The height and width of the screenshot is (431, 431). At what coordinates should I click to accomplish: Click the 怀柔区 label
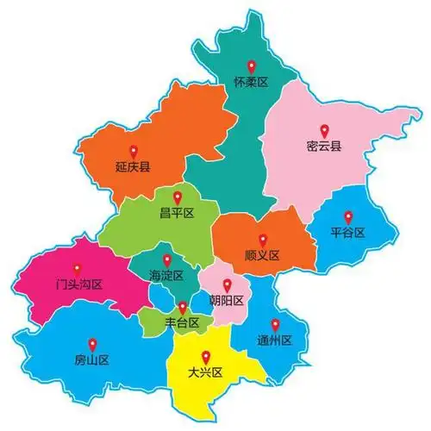point(252,83)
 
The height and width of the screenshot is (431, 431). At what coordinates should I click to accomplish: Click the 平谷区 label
point(348,233)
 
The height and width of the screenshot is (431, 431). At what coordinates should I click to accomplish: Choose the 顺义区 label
point(262,256)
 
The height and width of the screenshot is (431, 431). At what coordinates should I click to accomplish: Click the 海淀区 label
point(167,276)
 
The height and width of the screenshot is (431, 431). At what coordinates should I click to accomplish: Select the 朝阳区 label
point(227,301)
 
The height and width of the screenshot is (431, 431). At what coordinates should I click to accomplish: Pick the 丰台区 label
point(183,322)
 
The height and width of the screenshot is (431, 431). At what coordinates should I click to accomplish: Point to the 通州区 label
point(275,340)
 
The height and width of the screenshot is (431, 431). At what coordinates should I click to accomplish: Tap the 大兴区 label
point(205,372)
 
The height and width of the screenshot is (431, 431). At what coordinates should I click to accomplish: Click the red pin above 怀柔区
point(252,66)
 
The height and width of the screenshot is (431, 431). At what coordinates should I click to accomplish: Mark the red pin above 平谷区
point(348,216)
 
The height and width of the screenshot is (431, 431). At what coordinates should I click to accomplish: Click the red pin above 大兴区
point(205,356)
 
